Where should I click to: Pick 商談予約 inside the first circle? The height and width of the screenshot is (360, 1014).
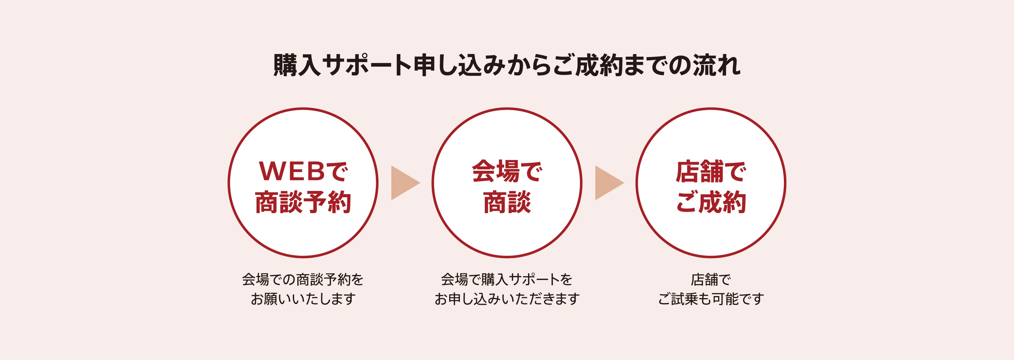(303, 202)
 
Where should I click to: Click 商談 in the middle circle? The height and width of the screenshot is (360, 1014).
(507, 202)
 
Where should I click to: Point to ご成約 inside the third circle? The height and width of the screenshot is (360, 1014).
(711, 202)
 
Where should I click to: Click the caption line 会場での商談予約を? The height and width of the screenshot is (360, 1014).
(303, 280)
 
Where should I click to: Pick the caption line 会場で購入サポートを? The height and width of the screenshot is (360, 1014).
(507, 280)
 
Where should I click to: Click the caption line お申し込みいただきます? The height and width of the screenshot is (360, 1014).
(507, 299)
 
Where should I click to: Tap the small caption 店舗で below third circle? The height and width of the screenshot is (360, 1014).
(711, 280)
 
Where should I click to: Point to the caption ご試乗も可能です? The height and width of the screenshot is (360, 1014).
(711, 299)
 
